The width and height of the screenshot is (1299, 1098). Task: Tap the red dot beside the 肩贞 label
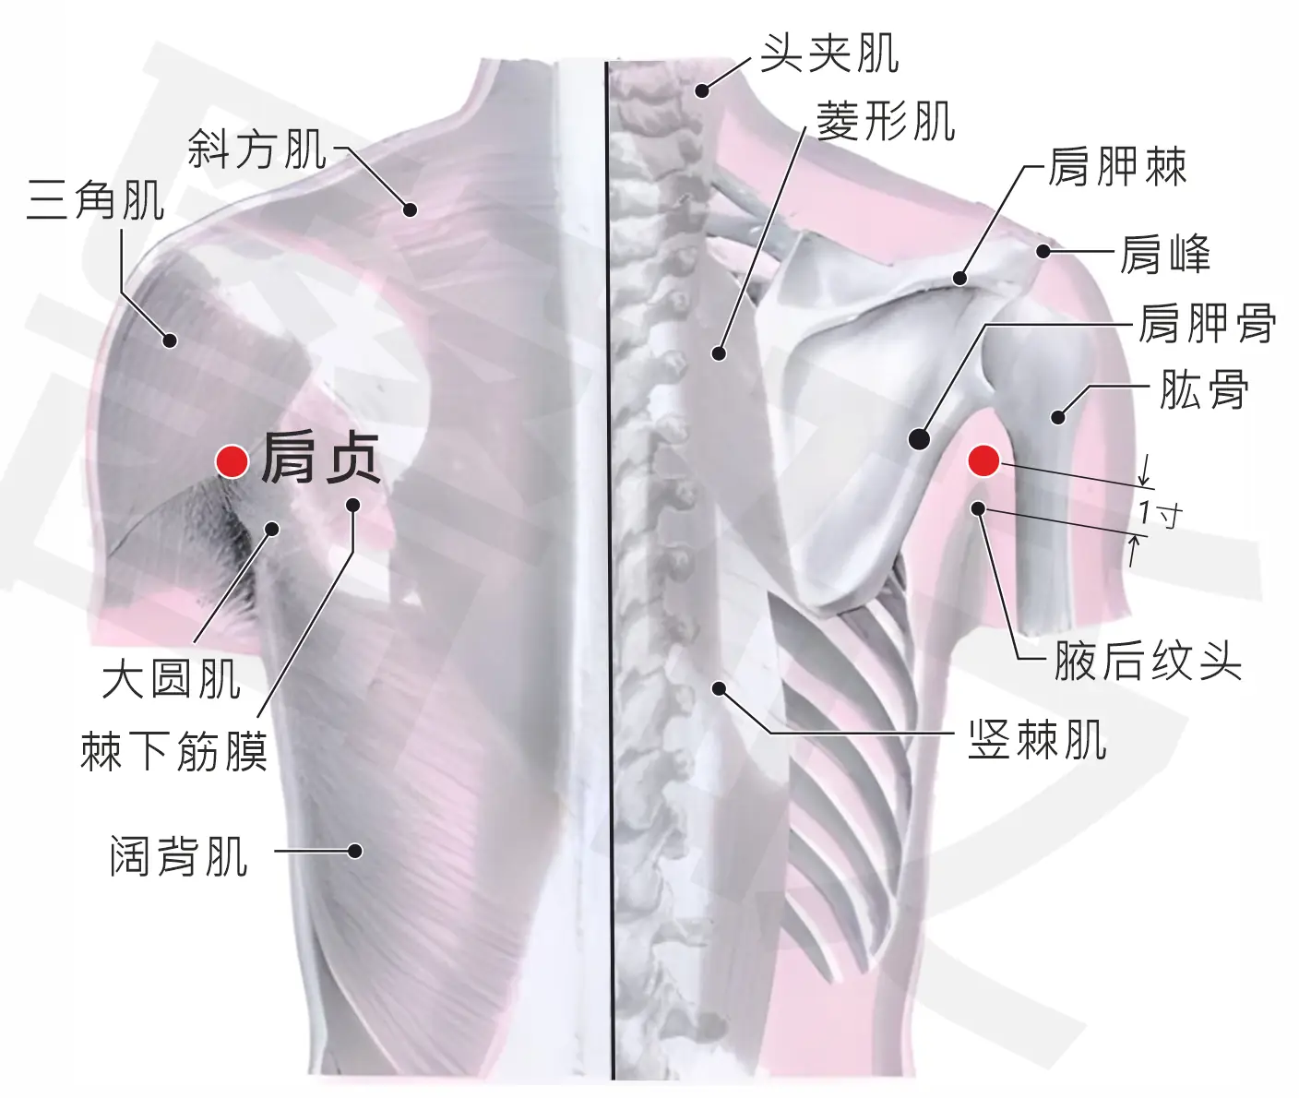232,462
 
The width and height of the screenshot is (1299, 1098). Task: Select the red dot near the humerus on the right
983,461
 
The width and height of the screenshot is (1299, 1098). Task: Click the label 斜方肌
257,149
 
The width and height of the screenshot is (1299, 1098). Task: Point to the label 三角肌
96,200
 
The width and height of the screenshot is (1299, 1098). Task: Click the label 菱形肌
886,121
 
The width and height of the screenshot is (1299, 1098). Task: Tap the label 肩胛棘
1116,167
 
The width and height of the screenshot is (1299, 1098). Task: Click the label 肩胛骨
1208,323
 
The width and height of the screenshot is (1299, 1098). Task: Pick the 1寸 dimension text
1161,514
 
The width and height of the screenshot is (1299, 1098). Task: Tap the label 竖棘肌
1038,740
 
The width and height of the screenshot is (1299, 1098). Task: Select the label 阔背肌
179,856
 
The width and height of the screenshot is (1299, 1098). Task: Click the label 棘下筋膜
174,751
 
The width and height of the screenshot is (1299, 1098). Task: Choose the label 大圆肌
172,679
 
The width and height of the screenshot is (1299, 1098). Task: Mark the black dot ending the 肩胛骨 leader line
919,438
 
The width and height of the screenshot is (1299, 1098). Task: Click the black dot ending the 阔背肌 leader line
355,851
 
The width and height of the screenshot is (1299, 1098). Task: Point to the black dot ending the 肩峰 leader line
1043,251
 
